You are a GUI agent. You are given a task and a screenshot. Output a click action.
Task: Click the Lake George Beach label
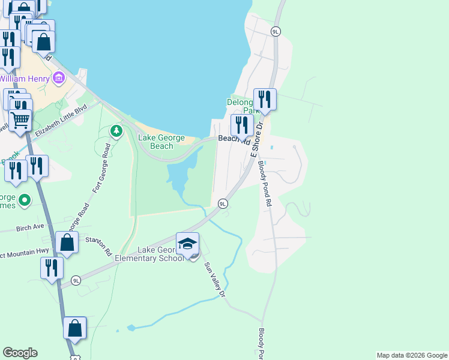[156, 142]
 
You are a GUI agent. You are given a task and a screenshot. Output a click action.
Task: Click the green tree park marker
[116, 130]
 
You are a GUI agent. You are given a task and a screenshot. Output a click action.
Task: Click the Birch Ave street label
[31, 227]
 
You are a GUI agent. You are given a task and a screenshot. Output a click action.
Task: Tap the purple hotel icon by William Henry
[58, 77]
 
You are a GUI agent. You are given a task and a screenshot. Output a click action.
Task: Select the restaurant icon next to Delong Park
[265, 98]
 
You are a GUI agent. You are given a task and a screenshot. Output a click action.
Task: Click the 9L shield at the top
[276, 31]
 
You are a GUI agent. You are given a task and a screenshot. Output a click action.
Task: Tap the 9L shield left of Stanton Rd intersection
[76, 280]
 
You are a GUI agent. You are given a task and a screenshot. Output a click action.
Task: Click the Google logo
[20, 353]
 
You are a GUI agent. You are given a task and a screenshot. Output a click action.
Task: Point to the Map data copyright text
[412, 355]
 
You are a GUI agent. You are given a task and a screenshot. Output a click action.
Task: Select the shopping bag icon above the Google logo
[75, 328]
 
